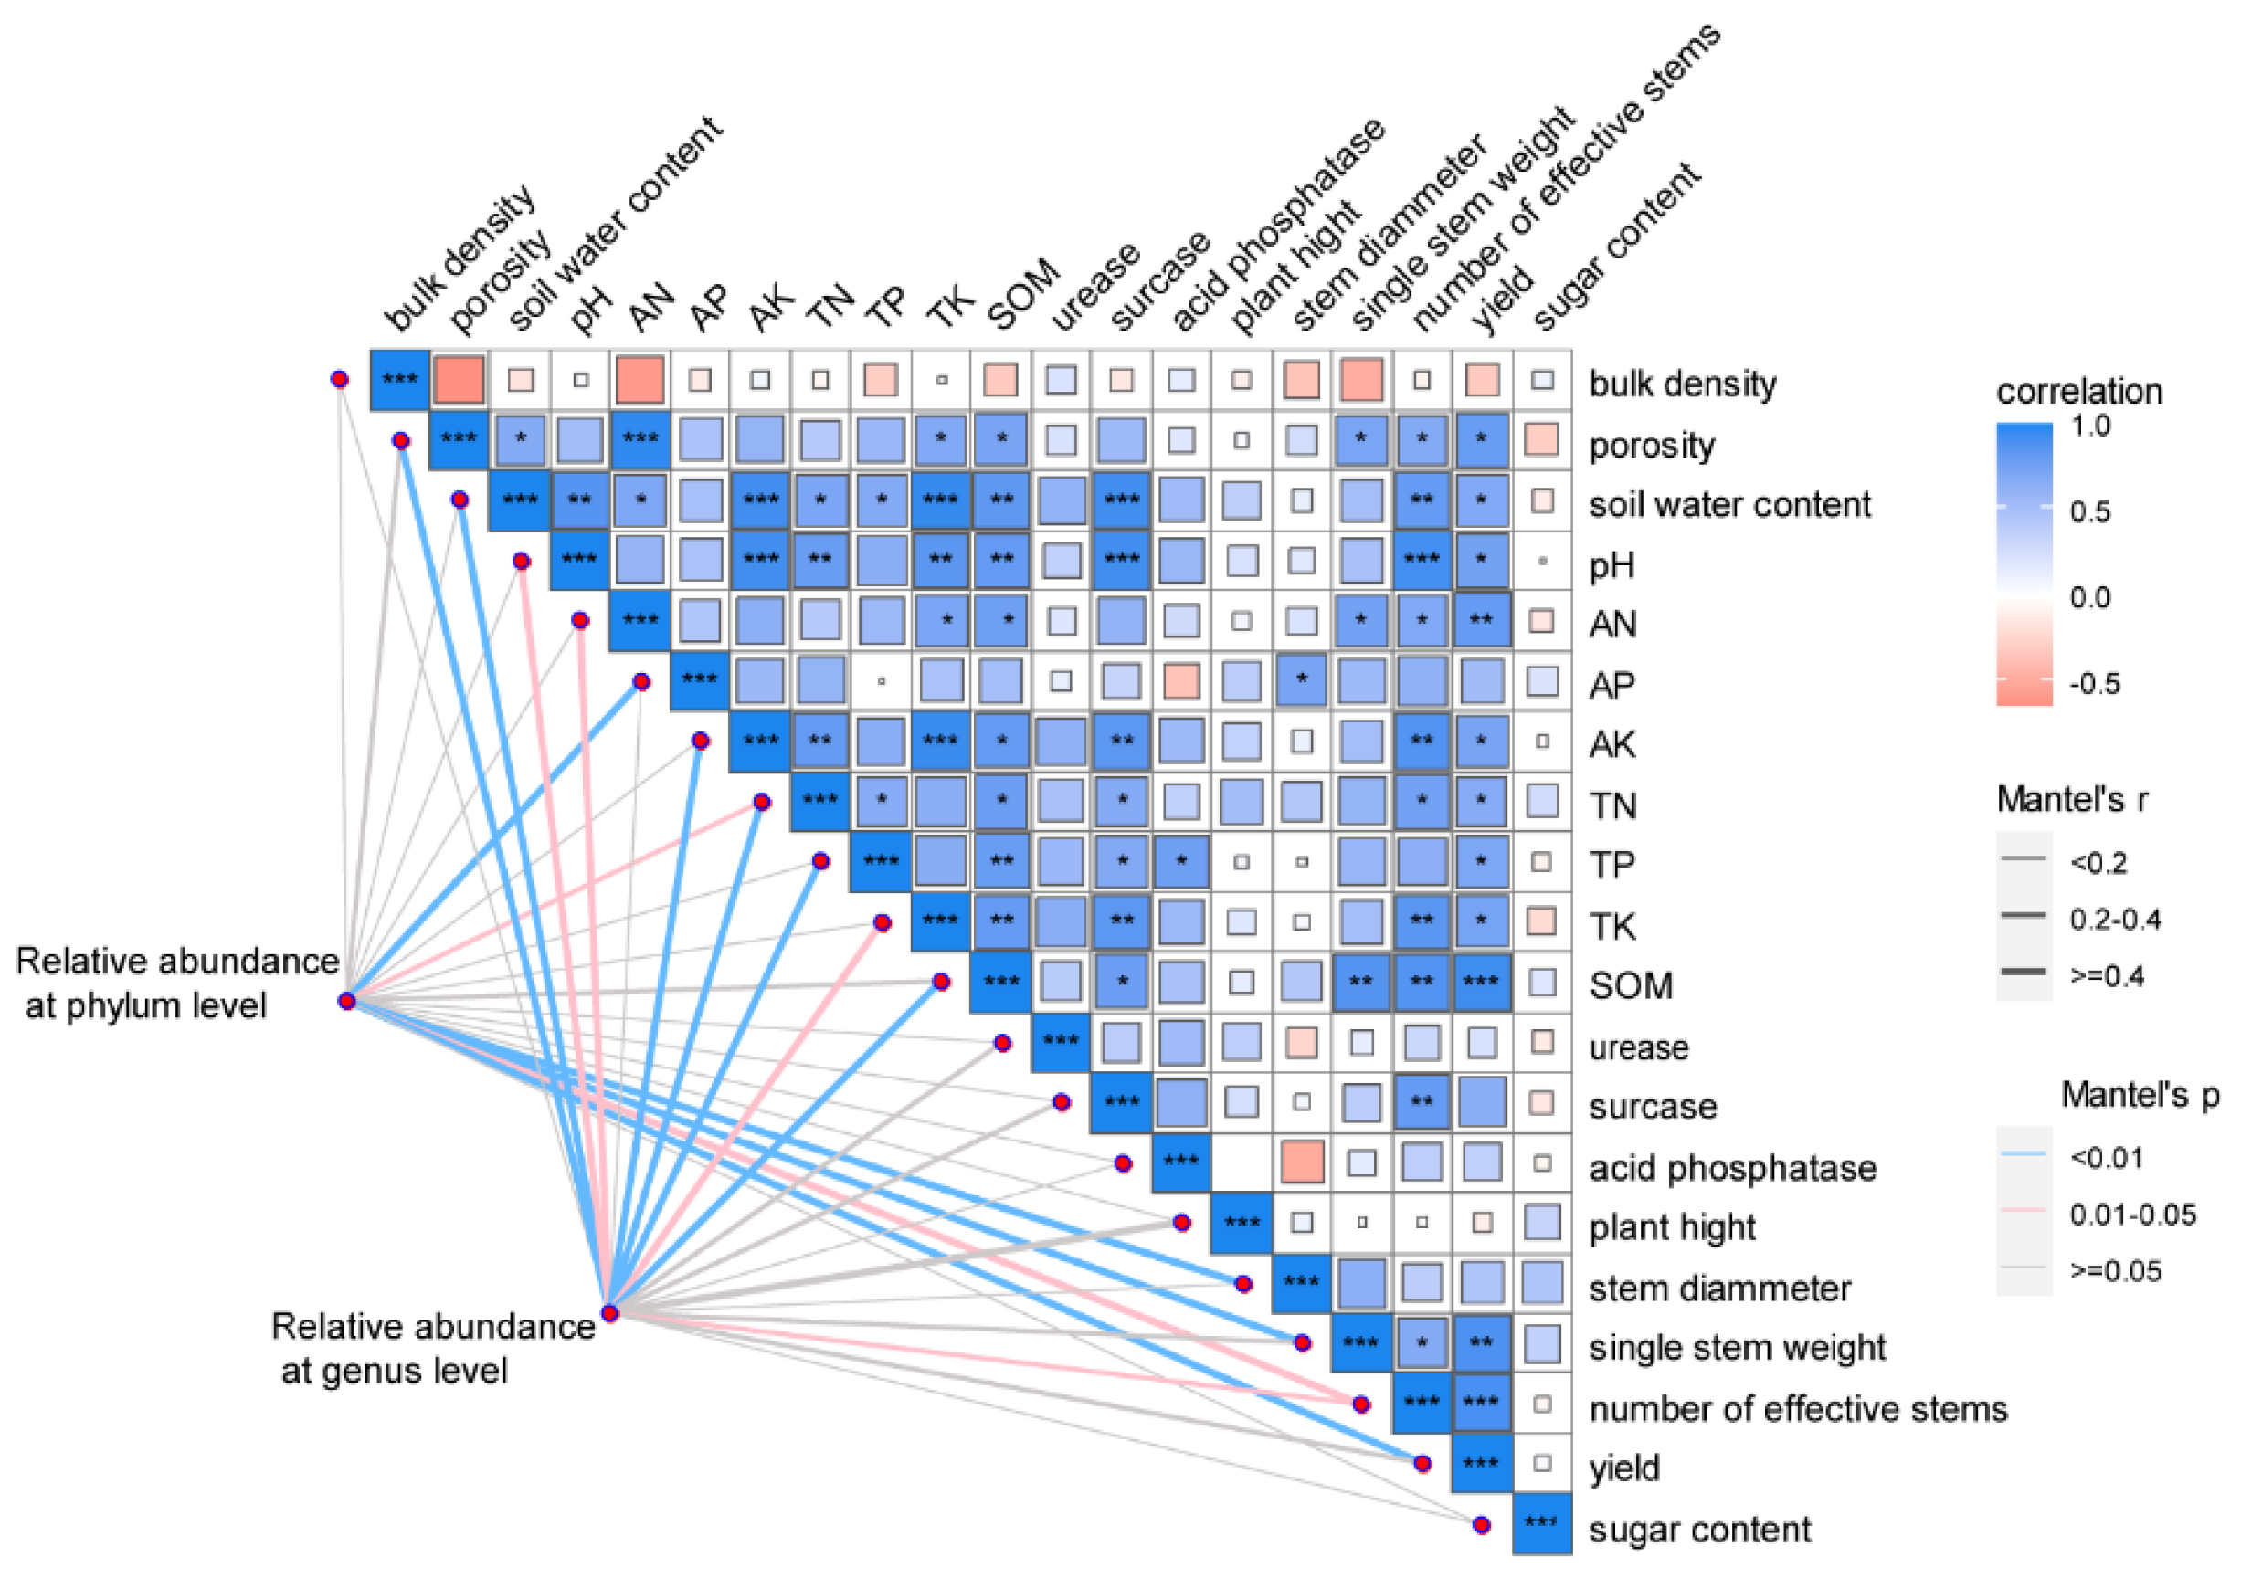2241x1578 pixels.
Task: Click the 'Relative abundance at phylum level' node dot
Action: tap(346, 1000)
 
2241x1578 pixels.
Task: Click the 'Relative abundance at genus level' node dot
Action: tap(610, 1312)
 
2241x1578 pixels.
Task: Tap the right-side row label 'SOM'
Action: tap(1630, 985)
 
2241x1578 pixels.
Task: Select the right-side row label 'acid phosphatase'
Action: tap(1732, 1167)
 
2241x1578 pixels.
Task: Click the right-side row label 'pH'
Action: tap(1612, 565)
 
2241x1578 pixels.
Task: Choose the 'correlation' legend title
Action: tap(2079, 392)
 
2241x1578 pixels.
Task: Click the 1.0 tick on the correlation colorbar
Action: tap(2089, 426)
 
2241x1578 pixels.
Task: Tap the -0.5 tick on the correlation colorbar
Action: tap(2094, 683)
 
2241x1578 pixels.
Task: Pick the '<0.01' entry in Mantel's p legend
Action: tap(2107, 1157)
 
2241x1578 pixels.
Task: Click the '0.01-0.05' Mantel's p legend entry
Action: tap(2132, 1214)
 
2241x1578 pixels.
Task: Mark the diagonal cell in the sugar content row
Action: tap(1541, 1522)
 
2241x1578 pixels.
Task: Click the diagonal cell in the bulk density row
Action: tap(400, 380)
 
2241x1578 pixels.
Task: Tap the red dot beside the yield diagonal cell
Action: tap(1422, 1463)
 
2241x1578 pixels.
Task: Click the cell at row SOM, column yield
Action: tap(1482, 982)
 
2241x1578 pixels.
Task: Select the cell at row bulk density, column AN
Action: tap(640, 380)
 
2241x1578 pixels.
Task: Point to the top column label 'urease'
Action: tap(1094, 288)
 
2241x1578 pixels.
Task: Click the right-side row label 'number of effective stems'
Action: tap(1798, 1408)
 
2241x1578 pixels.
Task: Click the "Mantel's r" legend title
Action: tap(2072, 799)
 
